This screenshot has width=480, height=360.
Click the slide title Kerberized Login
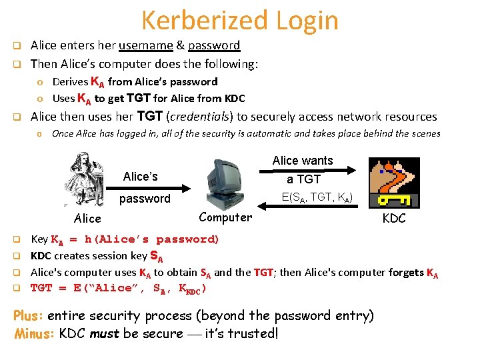click(240, 20)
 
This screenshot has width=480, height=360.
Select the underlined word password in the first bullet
click(214, 46)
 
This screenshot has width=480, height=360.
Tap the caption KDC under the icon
click(393, 219)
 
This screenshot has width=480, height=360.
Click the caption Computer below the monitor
click(225, 217)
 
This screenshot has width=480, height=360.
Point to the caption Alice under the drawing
click(87, 219)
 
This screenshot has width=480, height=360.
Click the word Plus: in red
click(29, 316)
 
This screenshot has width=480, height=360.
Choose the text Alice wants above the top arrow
click(303, 161)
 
